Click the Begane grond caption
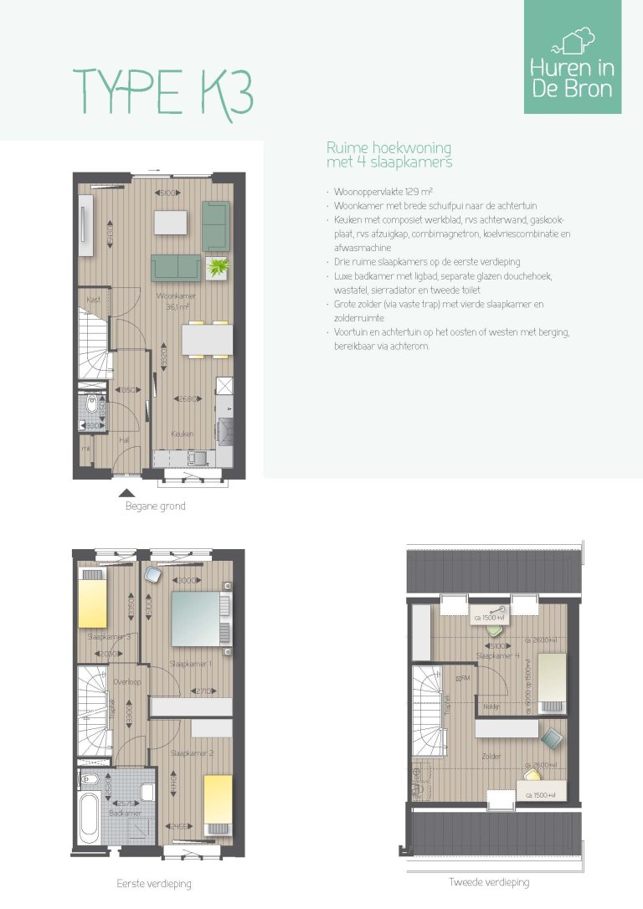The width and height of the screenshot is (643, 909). (x=155, y=506)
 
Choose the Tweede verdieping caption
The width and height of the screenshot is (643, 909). (x=489, y=882)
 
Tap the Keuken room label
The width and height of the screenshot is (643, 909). (x=183, y=434)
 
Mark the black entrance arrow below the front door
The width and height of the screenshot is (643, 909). (x=126, y=493)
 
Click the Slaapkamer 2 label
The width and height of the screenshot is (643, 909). (x=193, y=753)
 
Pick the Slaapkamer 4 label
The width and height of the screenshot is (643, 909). (x=498, y=655)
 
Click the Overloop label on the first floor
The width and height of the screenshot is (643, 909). (x=126, y=682)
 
